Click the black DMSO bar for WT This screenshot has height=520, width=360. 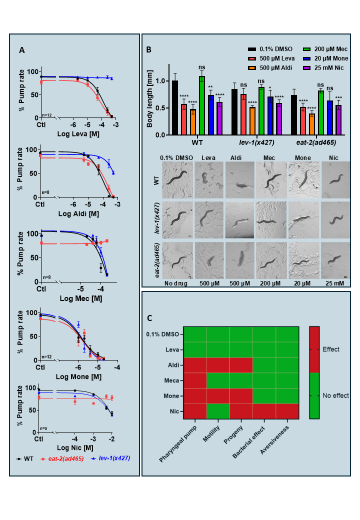tap(175, 107)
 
